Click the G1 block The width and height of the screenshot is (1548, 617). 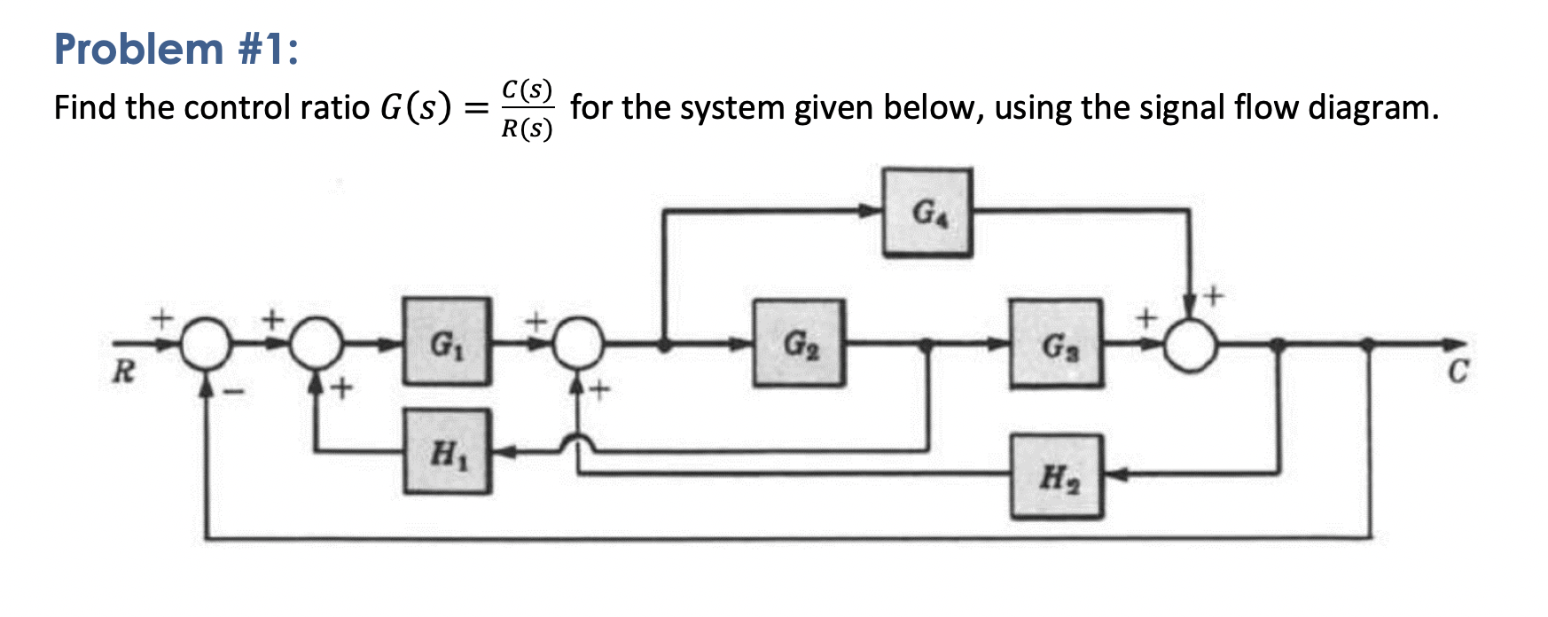pyautogui.click(x=446, y=341)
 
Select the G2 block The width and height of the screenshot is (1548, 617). pyautogui.click(x=799, y=343)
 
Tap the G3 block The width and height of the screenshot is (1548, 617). pyautogui.click(x=1056, y=344)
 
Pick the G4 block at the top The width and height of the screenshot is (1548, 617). pyautogui.click(x=927, y=212)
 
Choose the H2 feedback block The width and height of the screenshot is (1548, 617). pyautogui.click(x=1057, y=476)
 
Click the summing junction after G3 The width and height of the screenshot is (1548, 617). pyautogui.click(x=1191, y=345)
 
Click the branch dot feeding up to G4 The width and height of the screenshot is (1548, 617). pyautogui.click(x=664, y=344)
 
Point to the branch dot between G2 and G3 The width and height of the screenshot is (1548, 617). pyautogui.click(x=927, y=344)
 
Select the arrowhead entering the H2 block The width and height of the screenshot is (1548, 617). pyautogui.click(x=1114, y=474)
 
